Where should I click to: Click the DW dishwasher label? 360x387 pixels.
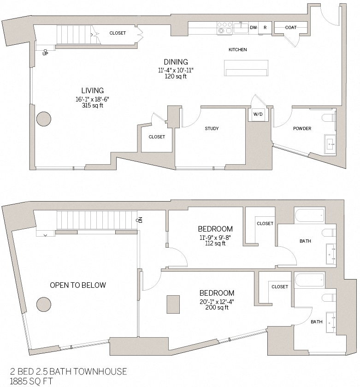tap(253, 28)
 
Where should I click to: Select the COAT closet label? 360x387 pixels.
tap(290, 28)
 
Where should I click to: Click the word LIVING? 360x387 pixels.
tap(93, 90)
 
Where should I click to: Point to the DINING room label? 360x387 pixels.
tap(176, 62)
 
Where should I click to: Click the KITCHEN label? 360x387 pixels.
tap(238, 50)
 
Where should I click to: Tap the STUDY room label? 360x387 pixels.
tap(212, 129)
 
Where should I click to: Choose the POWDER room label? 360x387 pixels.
tap(302, 129)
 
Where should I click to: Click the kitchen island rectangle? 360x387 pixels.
tap(246, 68)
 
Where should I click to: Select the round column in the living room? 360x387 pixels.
tap(44, 119)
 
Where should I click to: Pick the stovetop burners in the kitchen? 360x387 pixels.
tap(224, 28)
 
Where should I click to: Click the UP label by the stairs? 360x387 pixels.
tap(45, 54)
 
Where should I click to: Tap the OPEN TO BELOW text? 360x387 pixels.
tap(78, 285)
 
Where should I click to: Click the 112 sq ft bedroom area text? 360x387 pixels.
tap(215, 244)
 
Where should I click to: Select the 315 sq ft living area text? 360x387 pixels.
tap(92, 106)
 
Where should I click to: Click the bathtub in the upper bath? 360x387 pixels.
tap(309, 215)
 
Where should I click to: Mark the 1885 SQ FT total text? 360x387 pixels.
tap(32, 381)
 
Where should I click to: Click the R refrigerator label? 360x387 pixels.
tap(265, 28)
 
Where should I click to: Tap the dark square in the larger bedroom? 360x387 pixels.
tap(173, 304)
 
